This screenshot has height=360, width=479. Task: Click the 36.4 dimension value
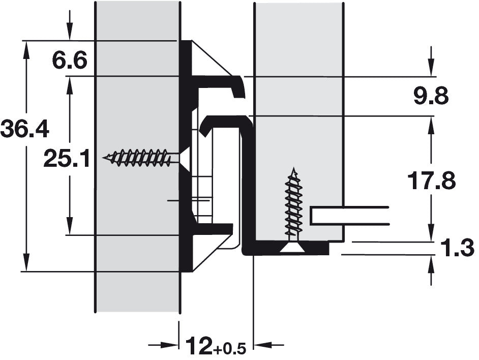click(x=25, y=129)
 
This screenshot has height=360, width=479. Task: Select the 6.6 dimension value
click(x=70, y=60)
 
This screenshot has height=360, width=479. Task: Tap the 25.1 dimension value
click(x=67, y=159)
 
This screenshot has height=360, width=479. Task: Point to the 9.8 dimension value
click(x=431, y=96)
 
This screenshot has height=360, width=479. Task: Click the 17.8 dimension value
click(x=431, y=181)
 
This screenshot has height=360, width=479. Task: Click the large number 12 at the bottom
click(x=199, y=346)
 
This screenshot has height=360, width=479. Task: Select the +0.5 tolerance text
click(x=229, y=349)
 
